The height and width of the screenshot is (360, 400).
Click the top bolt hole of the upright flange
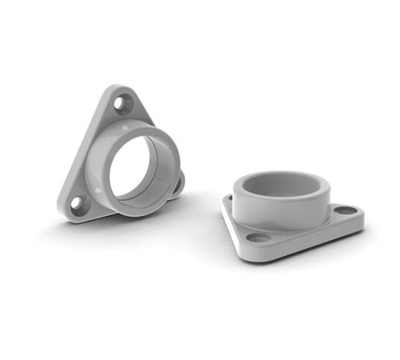point(122,102)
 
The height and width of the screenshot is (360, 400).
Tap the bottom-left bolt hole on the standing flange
point(78,203)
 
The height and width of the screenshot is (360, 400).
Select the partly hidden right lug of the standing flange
point(178,182)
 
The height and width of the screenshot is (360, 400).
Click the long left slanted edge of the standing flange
point(84,148)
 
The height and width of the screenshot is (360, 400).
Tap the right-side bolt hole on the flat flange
point(345,210)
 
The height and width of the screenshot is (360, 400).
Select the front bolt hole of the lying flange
point(257,237)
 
